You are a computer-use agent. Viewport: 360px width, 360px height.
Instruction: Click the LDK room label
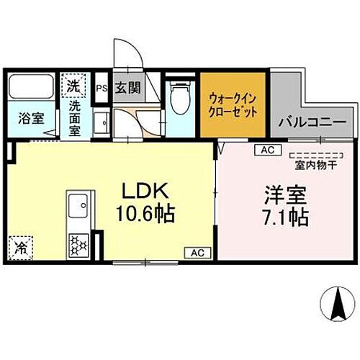coord(148,192)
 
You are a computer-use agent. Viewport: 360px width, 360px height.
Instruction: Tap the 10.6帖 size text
coord(148,214)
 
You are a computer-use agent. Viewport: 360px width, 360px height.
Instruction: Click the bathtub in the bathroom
coord(31,89)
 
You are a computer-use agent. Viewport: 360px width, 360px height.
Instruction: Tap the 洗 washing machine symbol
coord(73,85)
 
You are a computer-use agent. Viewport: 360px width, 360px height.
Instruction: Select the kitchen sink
coord(78,207)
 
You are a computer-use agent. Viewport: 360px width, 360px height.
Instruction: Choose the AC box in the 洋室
coord(267,150)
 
